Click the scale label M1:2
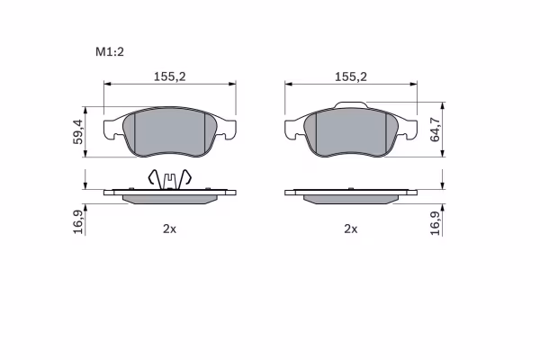click(x=110, y=52)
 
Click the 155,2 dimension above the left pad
click(x=169, y=76)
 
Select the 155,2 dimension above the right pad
click(x=351, y=76)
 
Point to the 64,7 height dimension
click(x=435, y=130)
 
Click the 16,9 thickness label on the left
click(x=78, y=222)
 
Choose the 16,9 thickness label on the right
click(x=436, y=223)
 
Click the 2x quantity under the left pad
click(x=169, y=229)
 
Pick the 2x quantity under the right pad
click(x=351, y=229)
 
